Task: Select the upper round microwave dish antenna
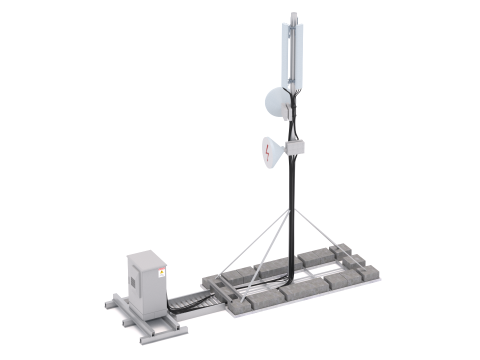click(x=277, y=101)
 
